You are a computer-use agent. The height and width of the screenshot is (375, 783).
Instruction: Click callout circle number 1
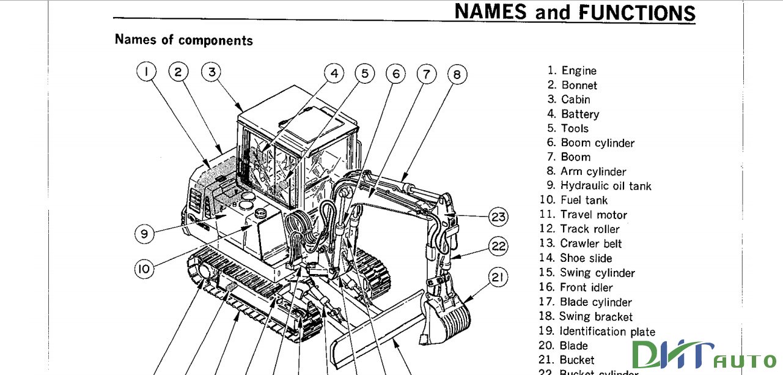pos(146,72)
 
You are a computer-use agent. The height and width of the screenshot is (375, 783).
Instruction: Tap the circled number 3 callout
pos(211,72)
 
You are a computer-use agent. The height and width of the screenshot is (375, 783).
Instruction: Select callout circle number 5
pos(364,74)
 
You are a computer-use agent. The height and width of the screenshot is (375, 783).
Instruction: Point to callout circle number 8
pos(457,75)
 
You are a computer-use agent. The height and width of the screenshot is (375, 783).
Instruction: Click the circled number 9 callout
pos(144,233)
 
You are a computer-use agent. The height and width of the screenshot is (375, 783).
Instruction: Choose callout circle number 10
pos(144,269)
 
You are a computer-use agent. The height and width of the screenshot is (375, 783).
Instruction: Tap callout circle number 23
pos(498,217)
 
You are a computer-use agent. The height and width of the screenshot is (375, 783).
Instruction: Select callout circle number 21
pos(498,278)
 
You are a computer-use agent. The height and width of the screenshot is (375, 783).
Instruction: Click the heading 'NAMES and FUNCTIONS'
pos(575,12)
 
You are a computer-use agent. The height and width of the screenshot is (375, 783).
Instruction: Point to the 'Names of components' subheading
pos(183,40)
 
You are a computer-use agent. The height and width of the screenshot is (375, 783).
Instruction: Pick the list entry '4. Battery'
pos(573,114)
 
